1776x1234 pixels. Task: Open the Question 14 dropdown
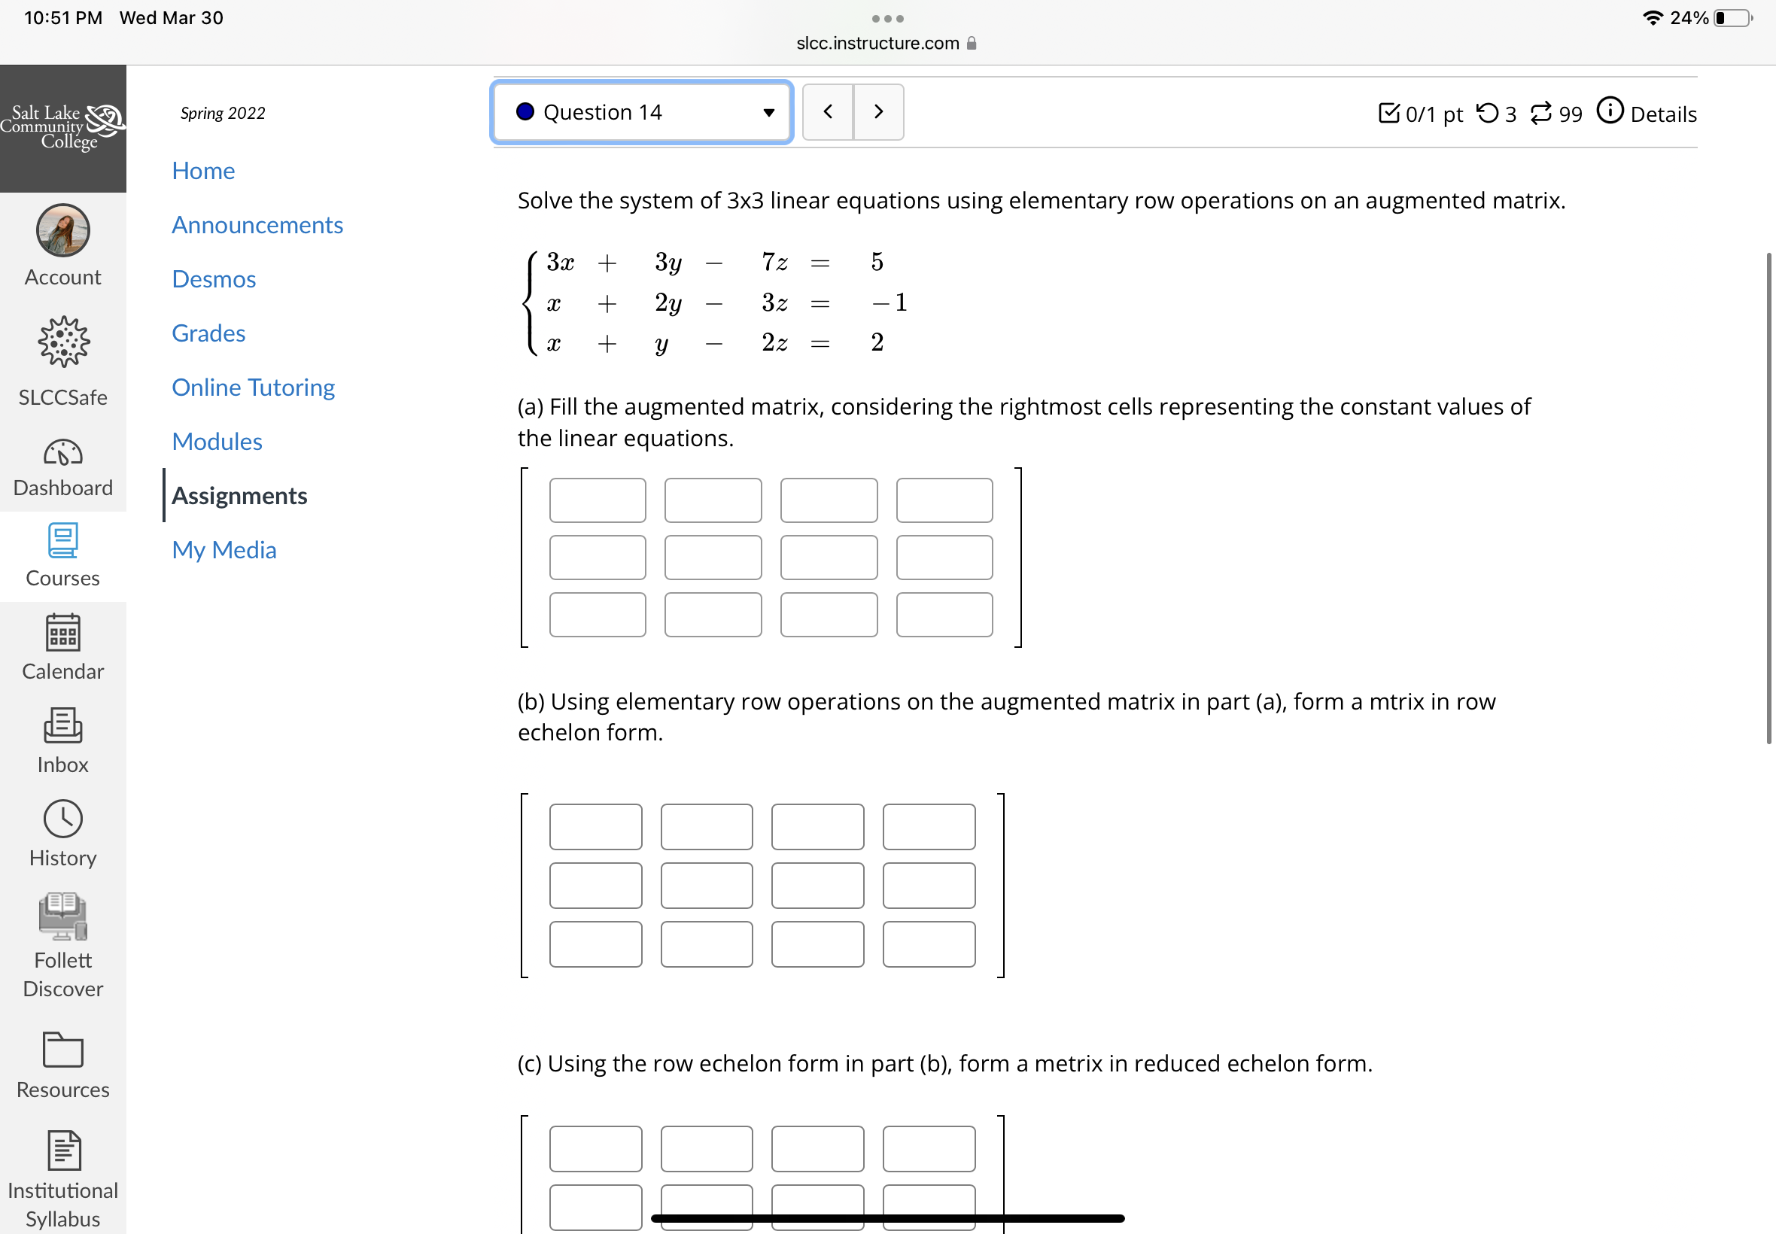642,112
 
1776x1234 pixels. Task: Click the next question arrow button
878,112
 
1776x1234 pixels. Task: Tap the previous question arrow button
828,112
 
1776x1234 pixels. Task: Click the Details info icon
1610,111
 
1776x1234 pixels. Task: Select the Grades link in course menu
208,333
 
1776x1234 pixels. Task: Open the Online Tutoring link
254,388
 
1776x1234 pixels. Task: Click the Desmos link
214,279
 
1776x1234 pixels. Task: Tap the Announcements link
257,225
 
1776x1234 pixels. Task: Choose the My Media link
224,550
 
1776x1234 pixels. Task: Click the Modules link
217,442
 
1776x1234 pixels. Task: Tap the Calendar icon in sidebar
62,633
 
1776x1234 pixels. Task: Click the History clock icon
62,819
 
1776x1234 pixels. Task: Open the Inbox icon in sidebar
62,726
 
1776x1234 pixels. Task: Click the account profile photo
62,230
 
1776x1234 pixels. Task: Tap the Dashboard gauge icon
62,452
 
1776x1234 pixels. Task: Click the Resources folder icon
62,1049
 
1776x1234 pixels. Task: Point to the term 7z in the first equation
774,262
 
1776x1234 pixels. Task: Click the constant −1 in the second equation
890,302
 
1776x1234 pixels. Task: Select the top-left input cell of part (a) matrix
598,500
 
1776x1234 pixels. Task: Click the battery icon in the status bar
1733,18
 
